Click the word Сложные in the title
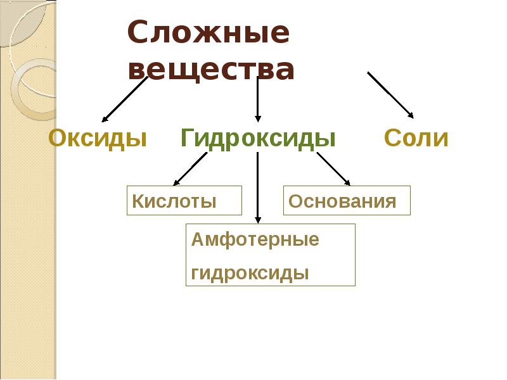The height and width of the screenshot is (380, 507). (209, 32)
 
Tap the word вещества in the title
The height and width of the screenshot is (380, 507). (211, 69)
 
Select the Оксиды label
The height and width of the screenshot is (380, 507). (98, 138)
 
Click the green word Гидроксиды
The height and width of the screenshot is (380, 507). (258, 138)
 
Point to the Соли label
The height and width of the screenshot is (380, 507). (416, 138)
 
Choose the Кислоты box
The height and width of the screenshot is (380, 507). (184, 200)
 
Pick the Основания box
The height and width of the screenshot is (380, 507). (347, 200)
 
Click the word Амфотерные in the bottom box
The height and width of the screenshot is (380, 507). (255, 239)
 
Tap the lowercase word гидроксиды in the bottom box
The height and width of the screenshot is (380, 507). (250, 273)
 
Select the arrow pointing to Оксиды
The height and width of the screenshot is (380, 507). (125, 99)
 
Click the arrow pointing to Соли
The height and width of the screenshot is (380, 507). (390, 95)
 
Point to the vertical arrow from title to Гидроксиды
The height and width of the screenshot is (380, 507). (258, 99)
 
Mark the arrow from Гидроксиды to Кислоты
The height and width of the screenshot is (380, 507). (190, 169)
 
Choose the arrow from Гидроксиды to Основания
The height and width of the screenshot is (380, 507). (333, 169)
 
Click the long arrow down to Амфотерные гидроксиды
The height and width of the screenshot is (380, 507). (258, 187)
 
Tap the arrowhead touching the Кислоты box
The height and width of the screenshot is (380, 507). (176, 183)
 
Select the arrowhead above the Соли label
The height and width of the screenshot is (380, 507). (411, 115)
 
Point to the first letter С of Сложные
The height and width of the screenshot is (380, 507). (138, 32)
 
